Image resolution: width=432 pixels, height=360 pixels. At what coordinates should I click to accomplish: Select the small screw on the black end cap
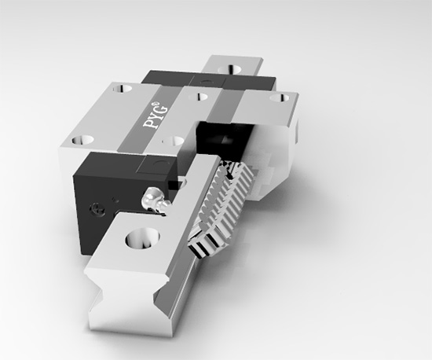tap(97, 209)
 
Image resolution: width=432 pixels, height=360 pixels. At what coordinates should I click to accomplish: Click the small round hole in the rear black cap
tap(205, 81)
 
